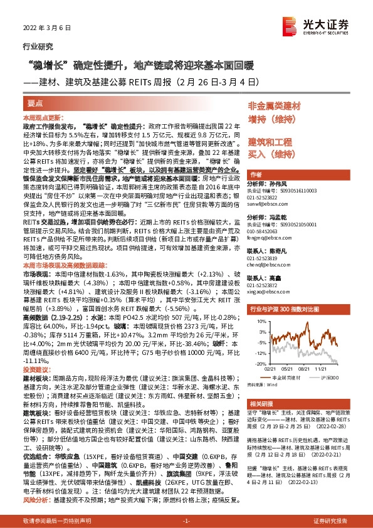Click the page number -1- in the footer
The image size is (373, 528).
(186, 522)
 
